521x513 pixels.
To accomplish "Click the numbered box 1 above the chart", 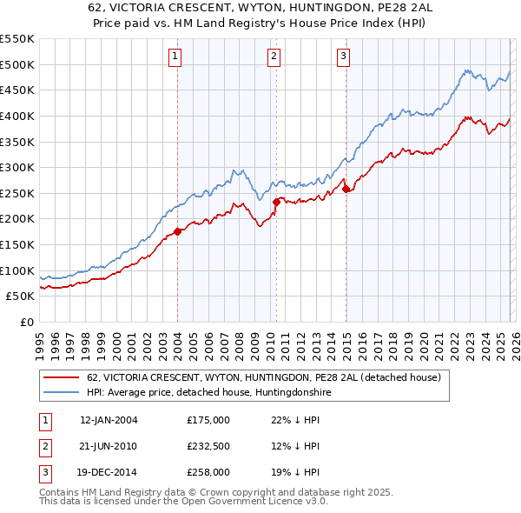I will [175, 57].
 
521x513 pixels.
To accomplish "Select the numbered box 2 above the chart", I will [274, 57].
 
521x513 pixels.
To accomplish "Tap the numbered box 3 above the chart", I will [343, 57].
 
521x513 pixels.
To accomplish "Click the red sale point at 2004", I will [177, 231].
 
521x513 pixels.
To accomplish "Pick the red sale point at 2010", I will [276, 202].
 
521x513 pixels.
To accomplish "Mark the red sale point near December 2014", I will [346, 189].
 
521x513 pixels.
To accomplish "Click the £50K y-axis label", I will [21, 296].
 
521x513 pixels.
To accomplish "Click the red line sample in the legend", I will [61, 377].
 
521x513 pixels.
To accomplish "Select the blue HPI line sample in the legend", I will [61, 393].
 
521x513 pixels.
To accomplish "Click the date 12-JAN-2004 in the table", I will [109, 420].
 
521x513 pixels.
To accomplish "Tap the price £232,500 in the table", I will [208, 446].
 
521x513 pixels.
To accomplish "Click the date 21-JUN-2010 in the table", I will [109, 446].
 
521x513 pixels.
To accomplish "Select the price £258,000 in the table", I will [208, 472].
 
